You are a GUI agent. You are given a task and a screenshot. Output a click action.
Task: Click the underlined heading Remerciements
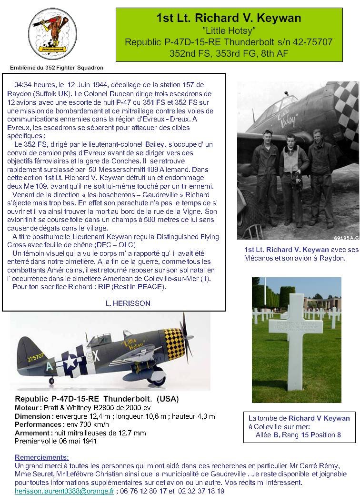pos(41,457)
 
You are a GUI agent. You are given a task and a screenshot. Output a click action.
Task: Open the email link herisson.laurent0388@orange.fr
pos(64,491)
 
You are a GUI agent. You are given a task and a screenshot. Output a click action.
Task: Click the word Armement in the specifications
pos(32,433)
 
